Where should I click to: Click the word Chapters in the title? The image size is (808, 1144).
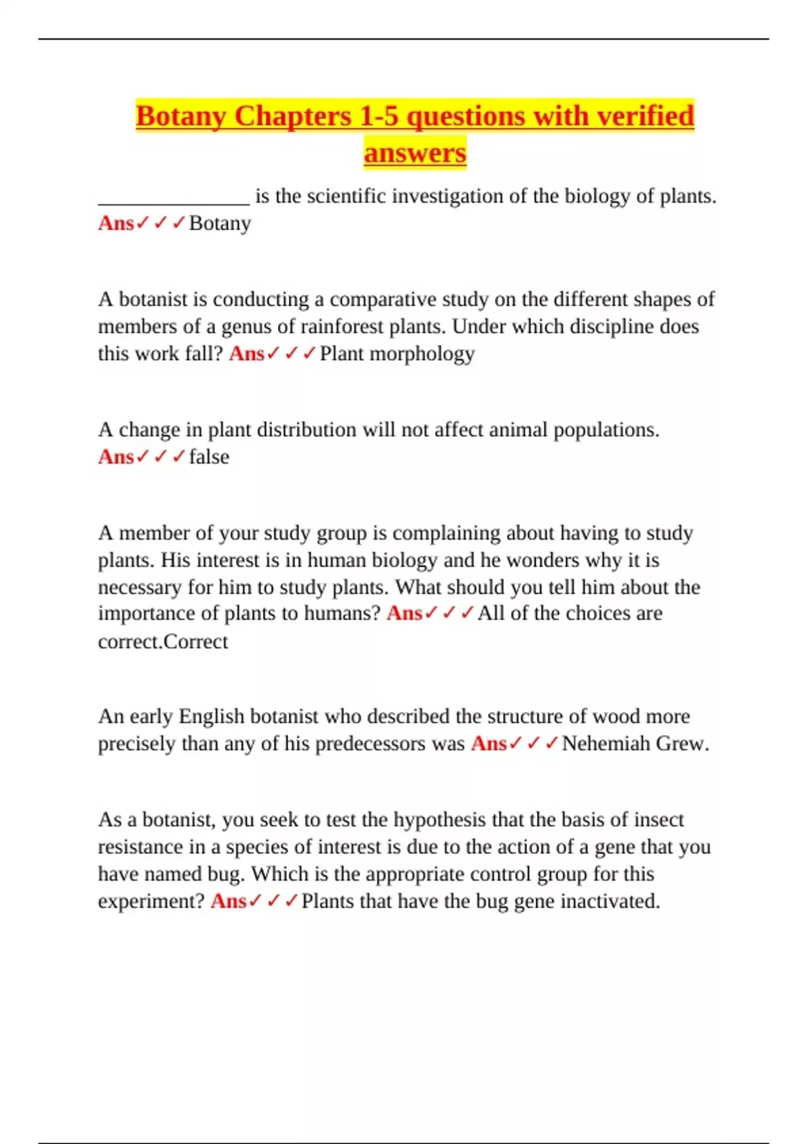click(293, 116)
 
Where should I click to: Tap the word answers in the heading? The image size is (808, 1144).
click(415, 153)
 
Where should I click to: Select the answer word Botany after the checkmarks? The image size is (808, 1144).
click(220, 223)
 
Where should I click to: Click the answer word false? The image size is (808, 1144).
click(209, 457)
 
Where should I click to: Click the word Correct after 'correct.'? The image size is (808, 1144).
click(196, 642)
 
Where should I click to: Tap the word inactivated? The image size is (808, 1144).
click(610, 901)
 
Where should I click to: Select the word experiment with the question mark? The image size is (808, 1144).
click(151, 901)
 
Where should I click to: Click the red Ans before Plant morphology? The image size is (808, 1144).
click(246, 354)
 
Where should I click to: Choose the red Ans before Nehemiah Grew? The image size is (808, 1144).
click(488, 744)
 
